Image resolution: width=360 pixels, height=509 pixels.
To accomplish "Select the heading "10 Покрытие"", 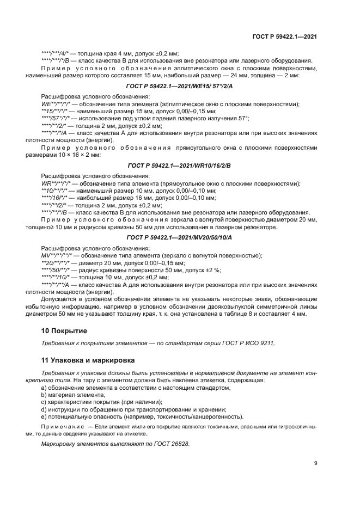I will click(64, 330).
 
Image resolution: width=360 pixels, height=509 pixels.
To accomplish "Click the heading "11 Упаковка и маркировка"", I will click(88, 360).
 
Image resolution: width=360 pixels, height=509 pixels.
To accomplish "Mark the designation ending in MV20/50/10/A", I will click(179, 237).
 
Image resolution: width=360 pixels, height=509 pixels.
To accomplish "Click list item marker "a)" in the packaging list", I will click(44, 387).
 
